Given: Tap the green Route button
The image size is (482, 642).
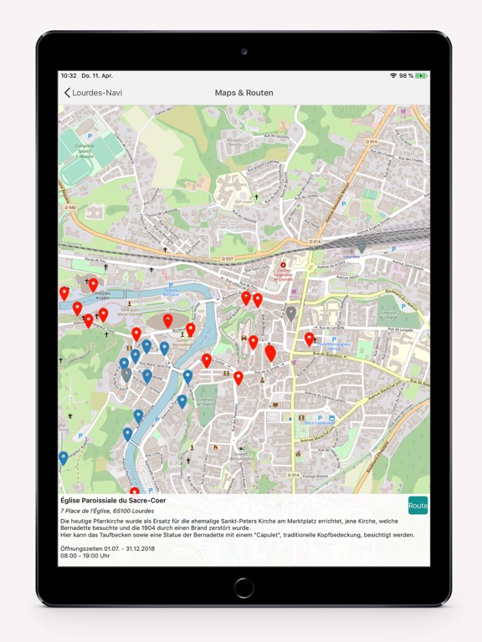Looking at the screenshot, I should click(x=418, y=506).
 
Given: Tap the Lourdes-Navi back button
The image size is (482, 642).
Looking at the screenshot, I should click(x=93, y=93).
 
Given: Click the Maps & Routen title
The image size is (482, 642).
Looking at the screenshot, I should click(x=244, y=93).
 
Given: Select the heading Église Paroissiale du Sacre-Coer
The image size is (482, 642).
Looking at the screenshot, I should click(x=112, y=500).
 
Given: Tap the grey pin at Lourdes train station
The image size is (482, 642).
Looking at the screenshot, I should click(x=361, y=245).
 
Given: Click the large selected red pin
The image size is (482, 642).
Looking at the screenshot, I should click(x=270, y=353).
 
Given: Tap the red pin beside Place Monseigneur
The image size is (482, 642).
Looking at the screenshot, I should click(x=309, y=339).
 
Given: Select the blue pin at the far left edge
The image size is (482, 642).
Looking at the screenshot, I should click(x=64, y=458).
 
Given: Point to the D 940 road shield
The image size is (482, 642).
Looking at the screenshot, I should click(x=69, y=207).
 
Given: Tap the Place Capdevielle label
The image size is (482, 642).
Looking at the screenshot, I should click(x=320, y=422).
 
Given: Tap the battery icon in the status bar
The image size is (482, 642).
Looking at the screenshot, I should click(x=422, y=76).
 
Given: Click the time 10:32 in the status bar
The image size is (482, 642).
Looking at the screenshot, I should click(x=69, y=76).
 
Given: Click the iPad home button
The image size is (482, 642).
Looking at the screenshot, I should click(x=244, y=587).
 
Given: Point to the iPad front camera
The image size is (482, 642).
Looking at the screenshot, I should click(x=244, y=51).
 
